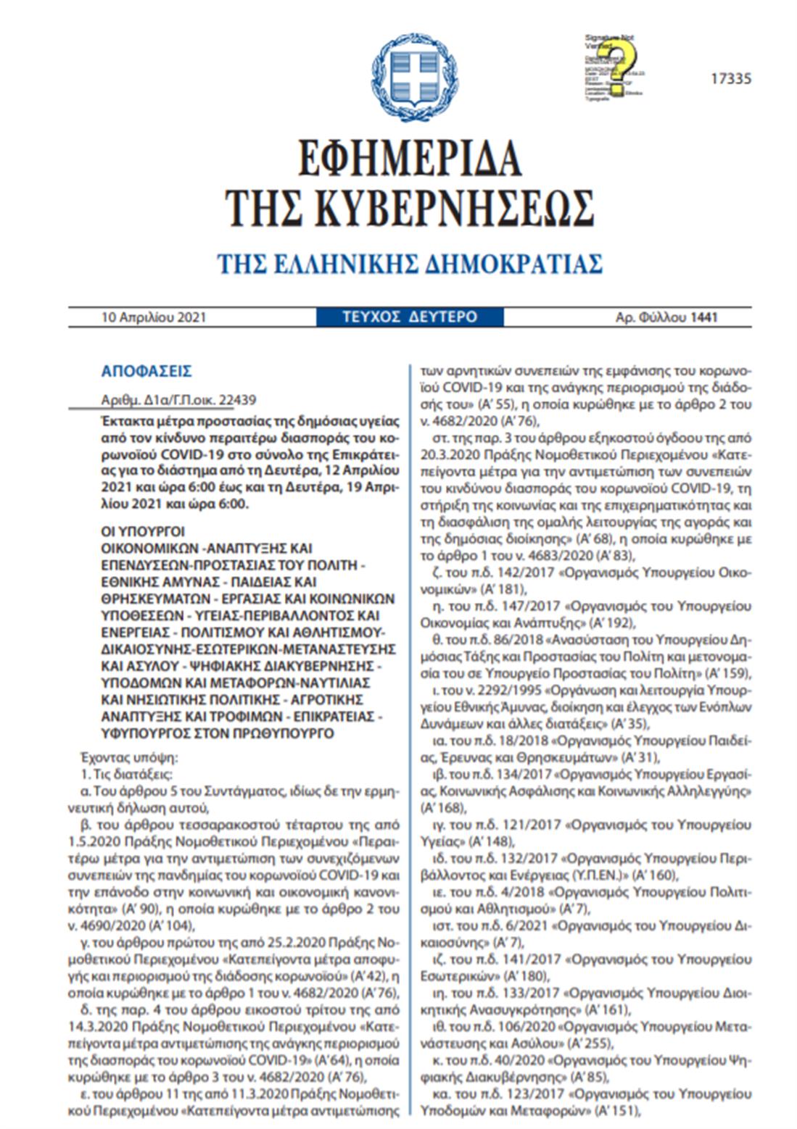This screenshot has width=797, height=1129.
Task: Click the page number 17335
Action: tap(730, 79)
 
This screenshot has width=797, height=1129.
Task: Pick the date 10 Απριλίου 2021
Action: tap(154, 317)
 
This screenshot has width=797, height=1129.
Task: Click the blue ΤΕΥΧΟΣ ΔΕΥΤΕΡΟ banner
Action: tap(410, 317)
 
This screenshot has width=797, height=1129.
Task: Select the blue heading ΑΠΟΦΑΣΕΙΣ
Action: tap(146, 372)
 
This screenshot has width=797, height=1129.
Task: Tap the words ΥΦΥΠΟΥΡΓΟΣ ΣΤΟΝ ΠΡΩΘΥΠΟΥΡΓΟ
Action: tap(218, 733)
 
